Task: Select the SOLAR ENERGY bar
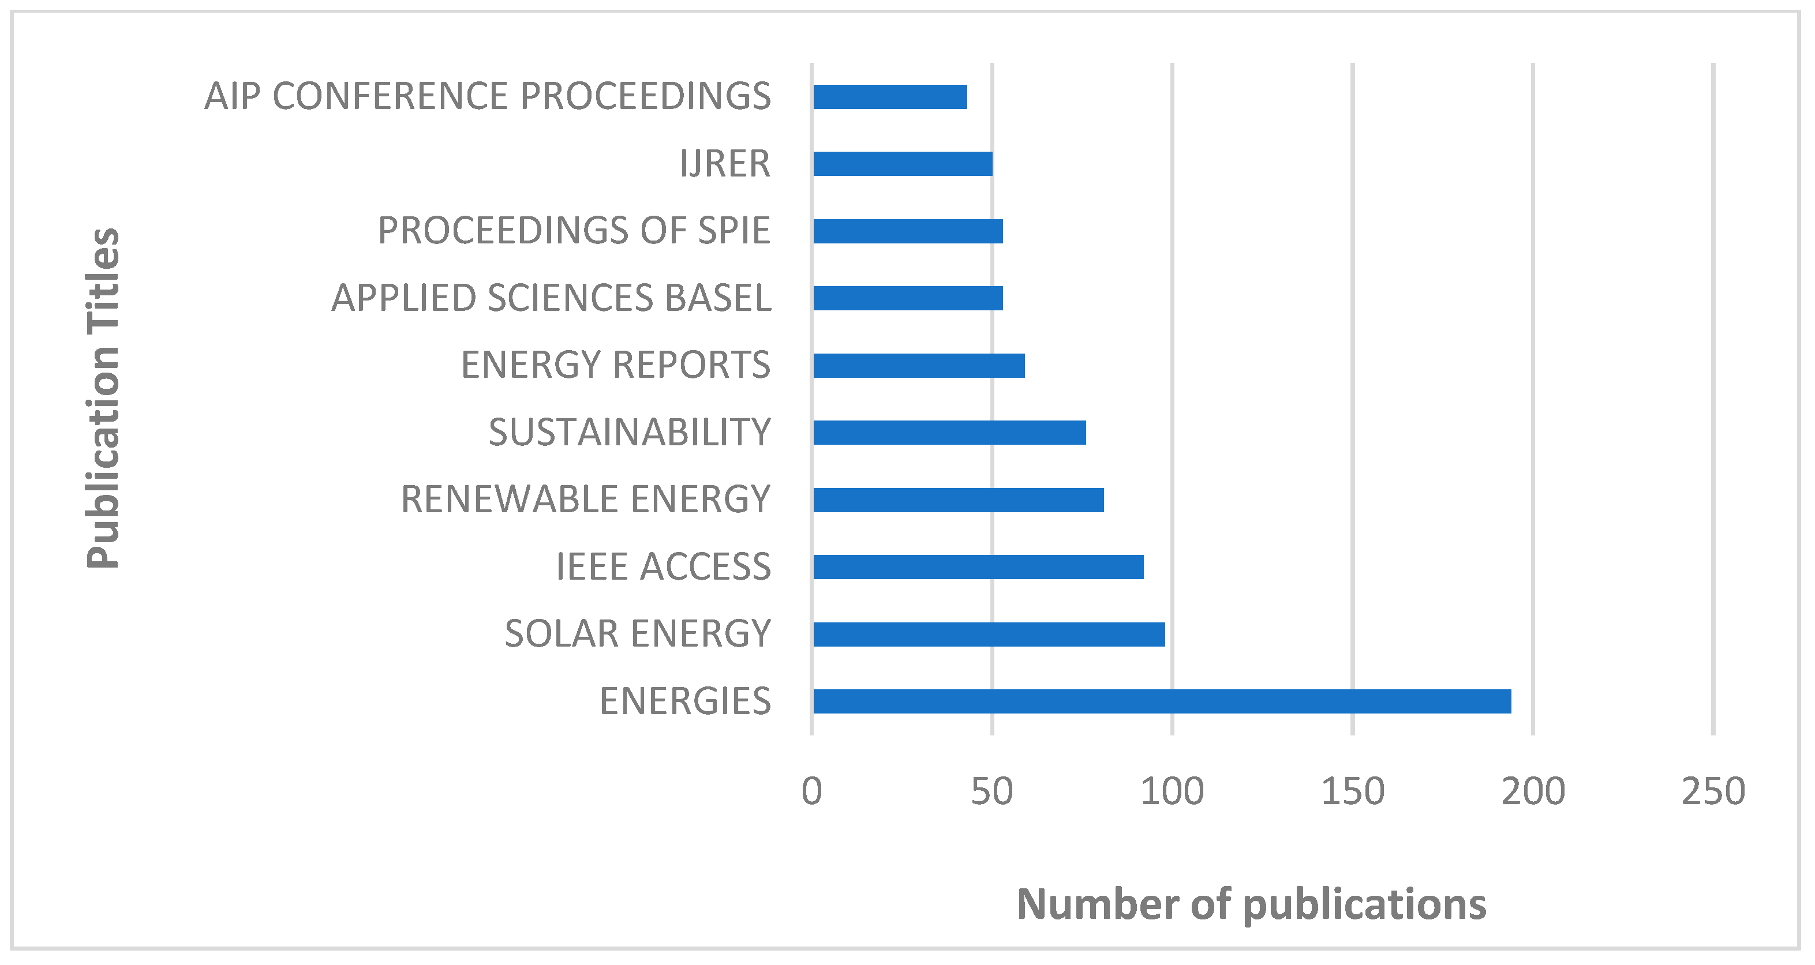pyautogui.click(x=989, y=634)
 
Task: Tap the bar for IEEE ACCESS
pyautogui.click(x=978, y=566)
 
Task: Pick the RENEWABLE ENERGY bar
pyautogui.click(x=958, y=500)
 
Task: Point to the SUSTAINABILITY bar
pyautogui.click(x=949, y=432)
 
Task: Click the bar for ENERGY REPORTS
pyautogui.click(x=919, y=365)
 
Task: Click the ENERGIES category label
pyautogui.click(x=685, y=701)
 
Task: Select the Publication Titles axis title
pyautogui.click(x=103, y=398)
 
